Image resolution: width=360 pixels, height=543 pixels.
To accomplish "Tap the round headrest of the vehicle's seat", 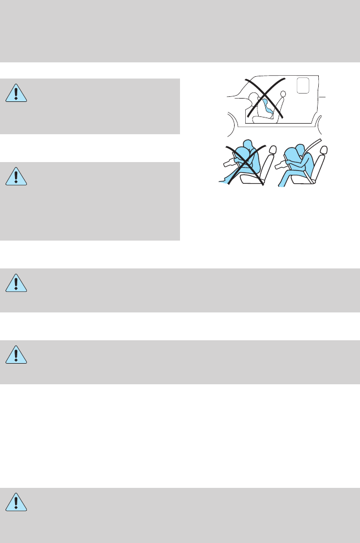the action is tap(282, 95).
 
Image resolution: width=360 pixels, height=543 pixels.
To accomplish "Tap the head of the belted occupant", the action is tap(298, 149).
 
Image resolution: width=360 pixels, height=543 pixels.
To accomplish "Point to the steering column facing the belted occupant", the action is tap(276, 165).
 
